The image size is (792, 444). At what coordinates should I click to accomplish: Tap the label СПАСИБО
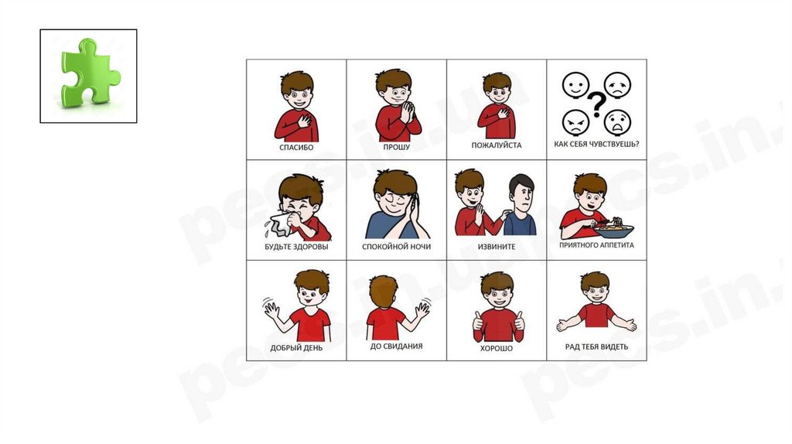[296, 148]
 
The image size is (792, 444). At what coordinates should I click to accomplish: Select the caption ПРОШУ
[397, 147]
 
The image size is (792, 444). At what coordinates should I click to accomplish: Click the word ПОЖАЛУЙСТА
[497, 145]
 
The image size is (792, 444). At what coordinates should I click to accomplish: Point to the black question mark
[597, 104]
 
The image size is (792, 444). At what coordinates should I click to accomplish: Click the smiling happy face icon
[575, 85]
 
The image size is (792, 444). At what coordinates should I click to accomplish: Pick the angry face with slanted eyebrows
[575, 123]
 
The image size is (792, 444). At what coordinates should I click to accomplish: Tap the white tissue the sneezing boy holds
[278, 224]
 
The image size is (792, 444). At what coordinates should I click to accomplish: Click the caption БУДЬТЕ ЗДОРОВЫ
[296, 247]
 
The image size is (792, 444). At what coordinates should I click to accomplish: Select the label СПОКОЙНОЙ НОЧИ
[397, 247]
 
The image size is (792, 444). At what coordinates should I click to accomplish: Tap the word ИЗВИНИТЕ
[497, 247]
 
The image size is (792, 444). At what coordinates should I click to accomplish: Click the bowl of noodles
[613, 230]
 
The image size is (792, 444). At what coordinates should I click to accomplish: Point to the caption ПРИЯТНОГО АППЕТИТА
[596, 245]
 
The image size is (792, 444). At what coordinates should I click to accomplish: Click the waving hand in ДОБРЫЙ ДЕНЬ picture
[271, 308]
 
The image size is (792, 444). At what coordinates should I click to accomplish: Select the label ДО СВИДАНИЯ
[397, 347]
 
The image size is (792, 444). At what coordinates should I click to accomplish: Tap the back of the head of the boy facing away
[383, 291]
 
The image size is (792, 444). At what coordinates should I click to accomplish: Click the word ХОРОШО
[497, 349]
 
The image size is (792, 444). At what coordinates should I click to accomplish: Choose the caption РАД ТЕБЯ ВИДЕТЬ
[596, 347]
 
